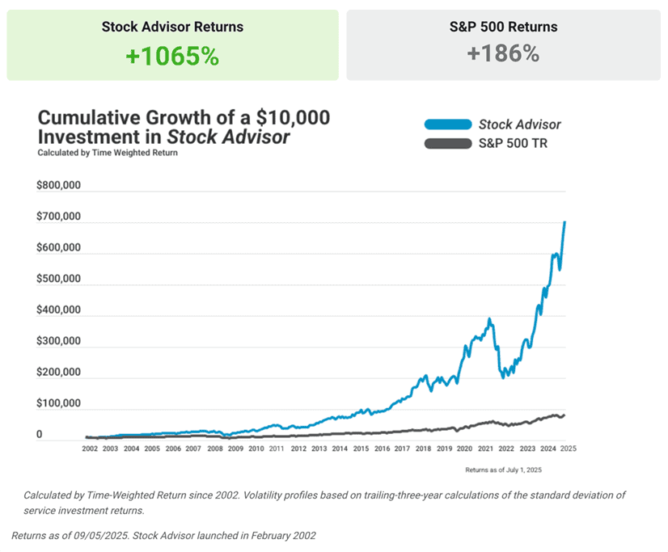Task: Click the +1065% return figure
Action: click(x=172, y=56)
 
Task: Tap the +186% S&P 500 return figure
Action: click(x=503, y=53)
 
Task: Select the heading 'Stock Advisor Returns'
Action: click(x=172, y=27)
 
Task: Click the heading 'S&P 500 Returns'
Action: click(x=503, y=27)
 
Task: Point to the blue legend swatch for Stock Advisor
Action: click(x=447, y=124)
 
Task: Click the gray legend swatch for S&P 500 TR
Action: click(x=447, y=144)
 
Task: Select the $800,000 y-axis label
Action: click(x=59, y=185)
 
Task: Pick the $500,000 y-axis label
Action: click(x=59, y=279)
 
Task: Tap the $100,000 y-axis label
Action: click(x=59, y=403)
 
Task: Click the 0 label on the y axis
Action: click(x=40, y=435)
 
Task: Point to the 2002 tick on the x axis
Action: click(x=91, y=448)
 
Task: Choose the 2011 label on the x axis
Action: click(x=277, y=448)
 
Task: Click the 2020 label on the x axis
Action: click(x=463, y=448)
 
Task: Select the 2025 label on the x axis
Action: click(x=567, y=448)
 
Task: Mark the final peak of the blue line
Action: click(x=564, y=221)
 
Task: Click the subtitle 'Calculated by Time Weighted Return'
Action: click(x=108, y=152)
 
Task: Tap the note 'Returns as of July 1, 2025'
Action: click(x=504, y=469)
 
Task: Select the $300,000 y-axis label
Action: click(x=59, y=341)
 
